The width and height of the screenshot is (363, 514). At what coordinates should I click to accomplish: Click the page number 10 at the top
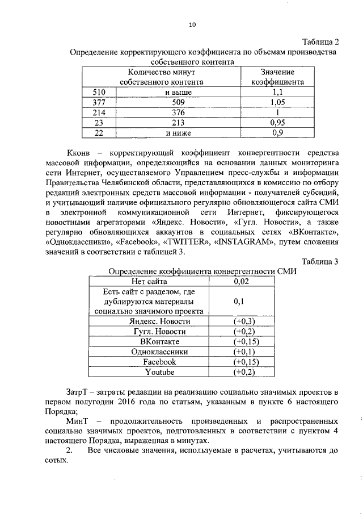[x=192, y=24]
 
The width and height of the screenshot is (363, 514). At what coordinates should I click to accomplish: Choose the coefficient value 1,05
[x=277, y=102]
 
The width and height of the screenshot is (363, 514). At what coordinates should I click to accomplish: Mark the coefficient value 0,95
[x=277, y=123]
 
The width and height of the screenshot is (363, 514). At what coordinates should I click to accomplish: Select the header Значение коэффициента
[x=277, y=77]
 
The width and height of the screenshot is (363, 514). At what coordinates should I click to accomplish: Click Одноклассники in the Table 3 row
[x=159, y=352]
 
